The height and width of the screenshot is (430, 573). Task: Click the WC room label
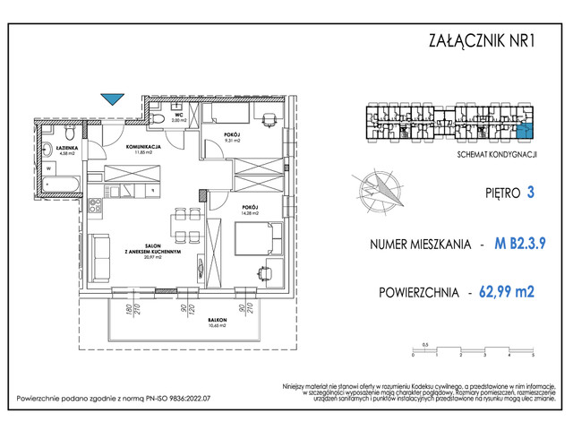[180, 116]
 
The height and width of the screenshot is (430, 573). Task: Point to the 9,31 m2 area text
[232, 141]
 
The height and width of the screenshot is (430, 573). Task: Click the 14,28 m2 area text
[249, 214]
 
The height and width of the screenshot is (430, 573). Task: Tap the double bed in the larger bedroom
[259, 240]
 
